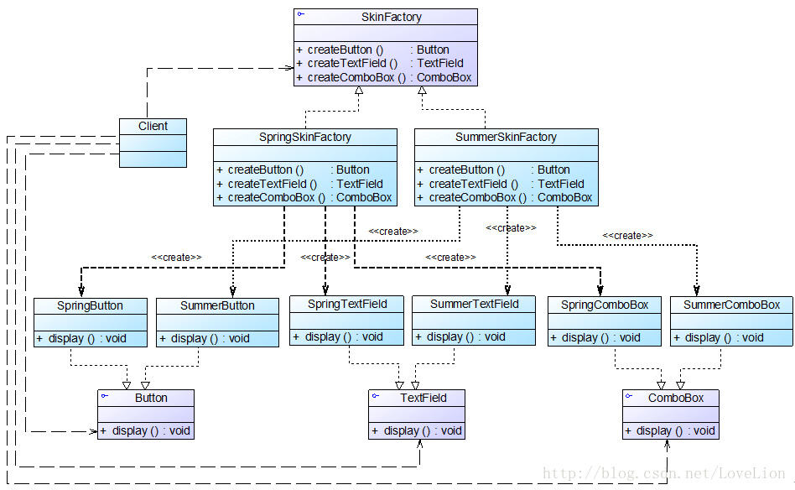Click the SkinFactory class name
click(392, 17)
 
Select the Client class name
click(153, 126)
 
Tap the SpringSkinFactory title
click(304, 137)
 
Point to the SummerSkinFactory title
click(506, 137)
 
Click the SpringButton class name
click(91, 306)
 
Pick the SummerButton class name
click(217, 306)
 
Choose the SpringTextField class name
click(347, 304)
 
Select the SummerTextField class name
click(475, 304)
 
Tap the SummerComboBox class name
click(731, 305)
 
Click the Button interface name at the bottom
click(151, 399)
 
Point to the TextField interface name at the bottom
click(423, 399)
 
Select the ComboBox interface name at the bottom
click(676, 399)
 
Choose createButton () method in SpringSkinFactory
click(265, 169)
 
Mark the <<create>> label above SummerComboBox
click(627, 236)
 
